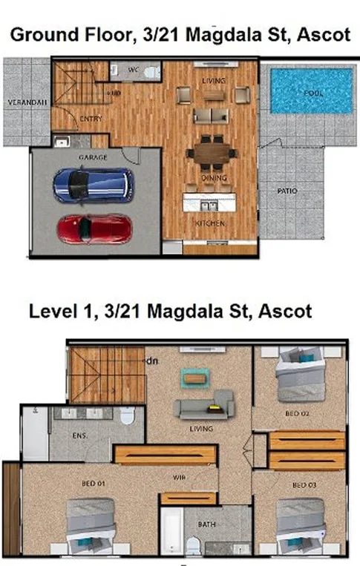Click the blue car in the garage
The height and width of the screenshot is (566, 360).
coord(94,185)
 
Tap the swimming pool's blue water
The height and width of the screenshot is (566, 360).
coord(311,91)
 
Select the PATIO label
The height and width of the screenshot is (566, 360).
coord(287,191)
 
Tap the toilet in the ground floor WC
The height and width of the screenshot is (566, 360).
coord(151,73)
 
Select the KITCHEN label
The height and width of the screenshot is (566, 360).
coord(210,223)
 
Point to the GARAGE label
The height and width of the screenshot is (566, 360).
coord(94,157)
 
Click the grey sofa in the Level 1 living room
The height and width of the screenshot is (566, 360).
coord(203,408)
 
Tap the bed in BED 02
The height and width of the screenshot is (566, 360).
coord(301,377)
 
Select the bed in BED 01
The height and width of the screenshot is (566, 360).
coord(91,525)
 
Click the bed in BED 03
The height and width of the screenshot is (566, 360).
coord(301,525)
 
